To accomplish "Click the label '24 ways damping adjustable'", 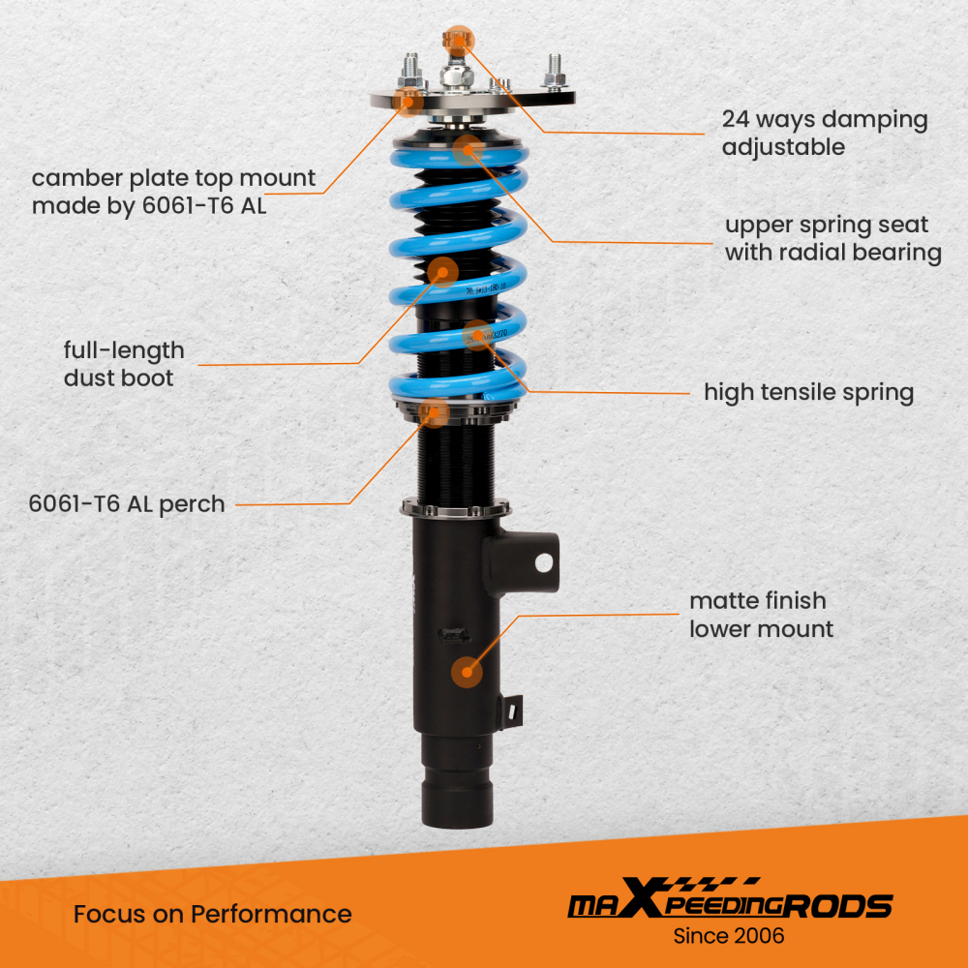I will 824,134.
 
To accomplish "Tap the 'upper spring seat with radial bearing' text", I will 833,239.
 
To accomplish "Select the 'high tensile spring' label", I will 808,392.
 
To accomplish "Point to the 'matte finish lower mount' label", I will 761,616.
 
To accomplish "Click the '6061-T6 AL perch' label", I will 127,503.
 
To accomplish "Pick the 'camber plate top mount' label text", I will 174,192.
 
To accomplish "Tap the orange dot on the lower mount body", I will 469,670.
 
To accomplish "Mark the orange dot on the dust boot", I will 442,272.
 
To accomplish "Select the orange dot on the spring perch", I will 435,411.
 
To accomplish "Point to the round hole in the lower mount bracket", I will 543,560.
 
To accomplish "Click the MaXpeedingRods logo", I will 729,905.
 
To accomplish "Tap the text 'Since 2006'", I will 728,936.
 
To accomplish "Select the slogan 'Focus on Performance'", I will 212,914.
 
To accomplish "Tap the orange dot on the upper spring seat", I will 469,149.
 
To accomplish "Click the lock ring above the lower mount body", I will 455,507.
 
